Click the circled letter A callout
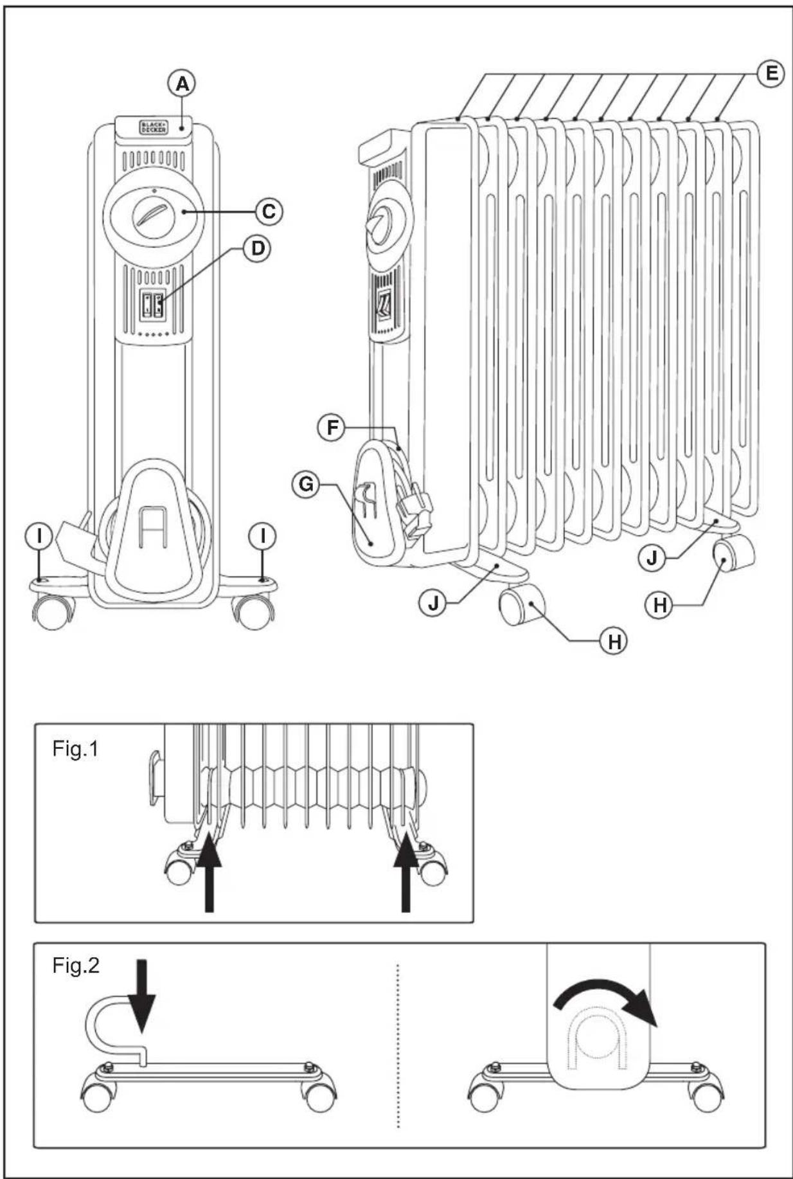[182, 84]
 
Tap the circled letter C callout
[269, 211]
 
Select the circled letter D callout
[257, 248]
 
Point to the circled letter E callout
[771, 73]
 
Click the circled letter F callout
[332, 428]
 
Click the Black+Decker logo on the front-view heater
[153, 127]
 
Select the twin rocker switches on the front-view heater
[152, 303]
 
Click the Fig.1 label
[76, 749]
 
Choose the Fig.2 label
[76, 965]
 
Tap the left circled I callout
[40, 535]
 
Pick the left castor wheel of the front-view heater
[51, 613]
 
